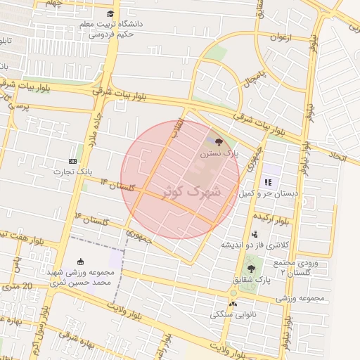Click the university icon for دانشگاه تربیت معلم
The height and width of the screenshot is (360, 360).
[110, 14]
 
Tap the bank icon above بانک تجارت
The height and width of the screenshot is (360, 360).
[73, 162]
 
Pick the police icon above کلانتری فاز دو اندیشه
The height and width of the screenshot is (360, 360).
[254, 234]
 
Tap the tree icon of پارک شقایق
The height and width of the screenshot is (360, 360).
[251, 269]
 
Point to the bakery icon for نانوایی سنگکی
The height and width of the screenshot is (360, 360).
[233, 304]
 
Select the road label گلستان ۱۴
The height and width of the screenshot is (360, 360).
[117, 185]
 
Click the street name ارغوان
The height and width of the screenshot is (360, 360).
[289, 37]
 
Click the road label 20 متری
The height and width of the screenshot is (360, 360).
[17, 285]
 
